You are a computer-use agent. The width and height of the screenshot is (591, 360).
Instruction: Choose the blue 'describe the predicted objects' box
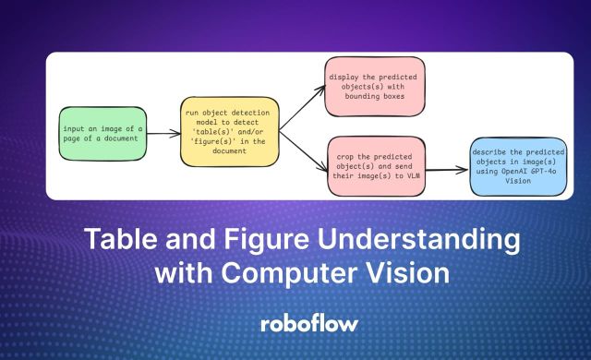tap(518, 169)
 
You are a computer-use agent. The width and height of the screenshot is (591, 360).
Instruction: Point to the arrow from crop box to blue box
tap(441, 170)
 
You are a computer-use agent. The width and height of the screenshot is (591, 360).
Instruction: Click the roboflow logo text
tap(295, 324)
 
